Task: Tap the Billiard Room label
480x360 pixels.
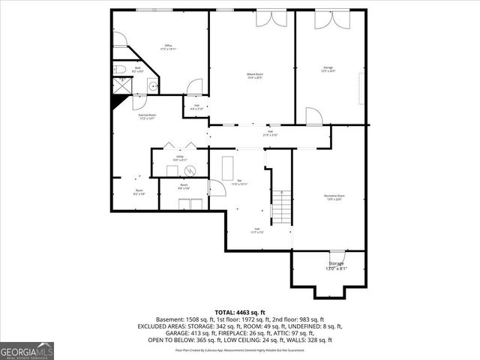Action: (255, 76)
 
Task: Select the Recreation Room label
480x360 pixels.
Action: (334, 197)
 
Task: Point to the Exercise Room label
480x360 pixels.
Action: (147, 116)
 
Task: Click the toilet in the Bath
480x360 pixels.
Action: (121, 70)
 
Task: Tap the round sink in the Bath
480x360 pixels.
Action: (154, 85)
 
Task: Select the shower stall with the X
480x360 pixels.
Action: (120, 88)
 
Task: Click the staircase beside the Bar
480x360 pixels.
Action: (280, 203)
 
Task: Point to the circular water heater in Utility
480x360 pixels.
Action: (189, 169)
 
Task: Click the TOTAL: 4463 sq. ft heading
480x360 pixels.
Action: (239, 312)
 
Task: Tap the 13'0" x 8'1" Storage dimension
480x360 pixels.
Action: (335, 268)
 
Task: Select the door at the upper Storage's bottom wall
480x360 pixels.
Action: (313, 116)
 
